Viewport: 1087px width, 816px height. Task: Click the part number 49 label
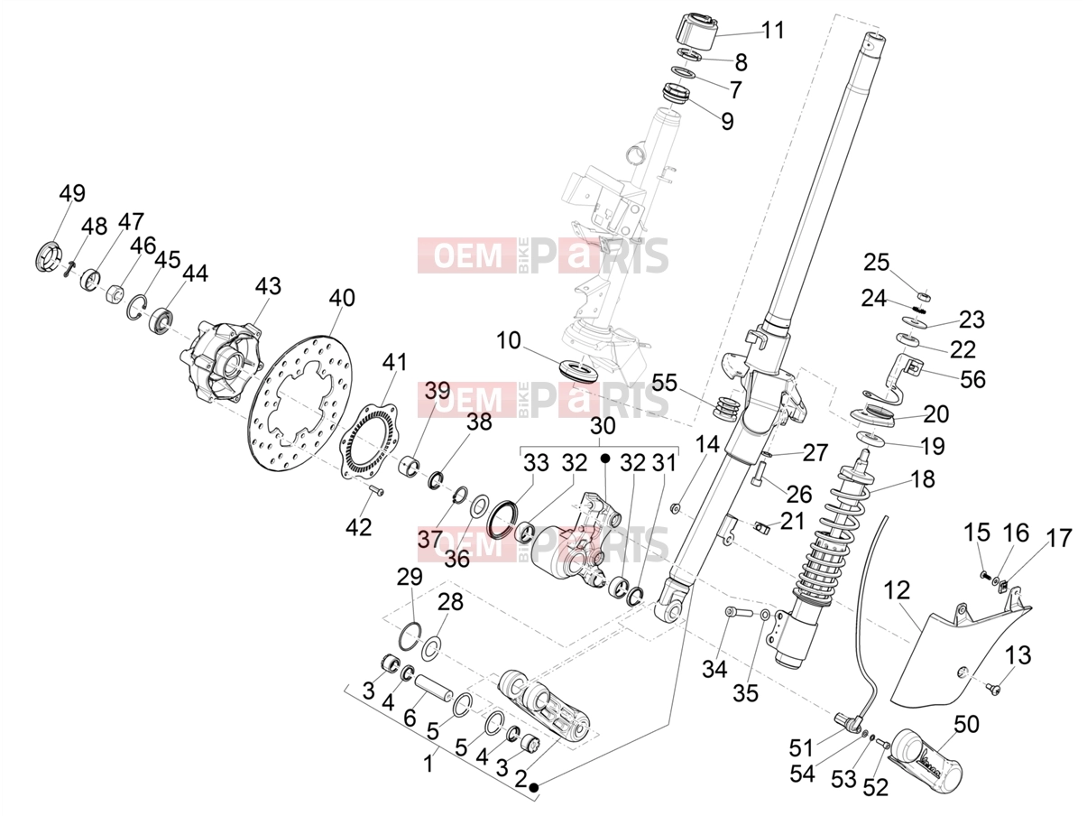pos(72,193)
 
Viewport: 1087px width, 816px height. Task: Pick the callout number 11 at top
pos(773,30)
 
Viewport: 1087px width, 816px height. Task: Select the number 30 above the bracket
pos(603,426)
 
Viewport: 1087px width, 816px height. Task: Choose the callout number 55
pos(664,383)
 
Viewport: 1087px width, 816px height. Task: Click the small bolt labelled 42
pos(377,491)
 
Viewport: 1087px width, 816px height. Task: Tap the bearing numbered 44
pos(161,320)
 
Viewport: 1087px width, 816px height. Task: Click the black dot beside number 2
pos(533,787)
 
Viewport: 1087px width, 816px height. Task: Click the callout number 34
pos(714,670)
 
